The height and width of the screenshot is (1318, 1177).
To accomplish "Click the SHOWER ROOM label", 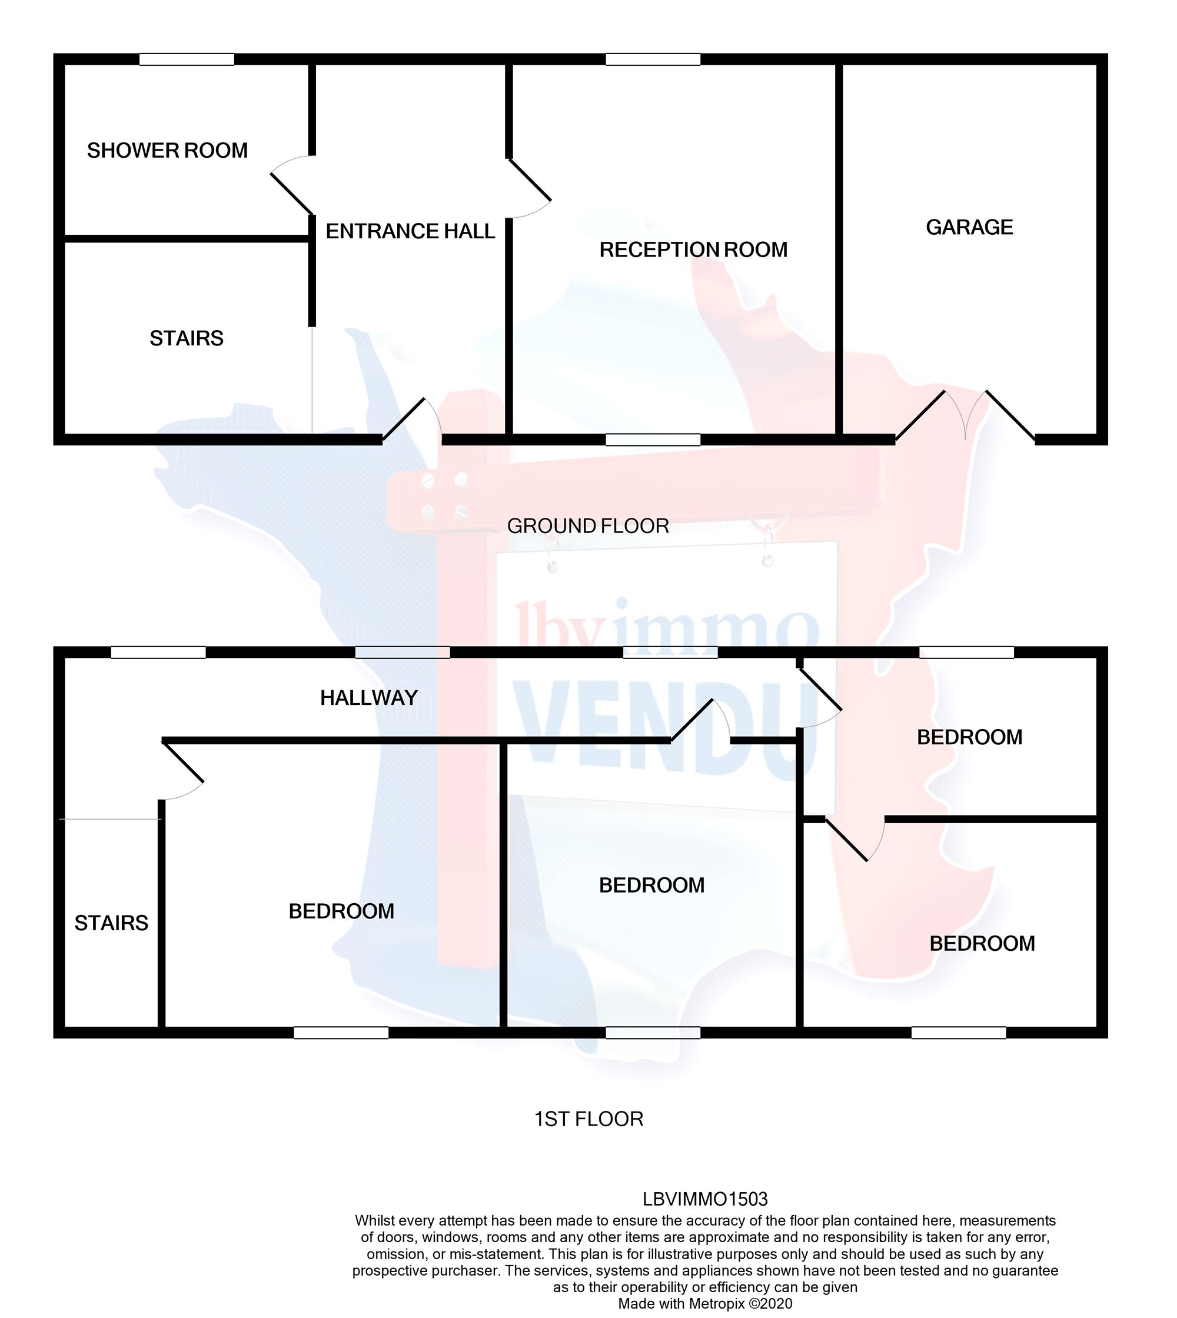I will (168, 151).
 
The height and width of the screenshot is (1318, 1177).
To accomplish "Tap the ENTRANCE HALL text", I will (410, 231).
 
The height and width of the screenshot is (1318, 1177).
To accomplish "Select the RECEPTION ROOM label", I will (693, 249).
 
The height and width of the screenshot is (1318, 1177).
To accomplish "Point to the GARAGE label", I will (969, 227).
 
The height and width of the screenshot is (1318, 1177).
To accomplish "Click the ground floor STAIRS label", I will (186, 338).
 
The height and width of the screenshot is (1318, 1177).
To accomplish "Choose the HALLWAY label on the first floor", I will (368, 698).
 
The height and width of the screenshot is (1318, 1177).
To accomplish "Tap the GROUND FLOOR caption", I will (588, 526).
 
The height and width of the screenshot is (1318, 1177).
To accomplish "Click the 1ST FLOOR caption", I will (588, 1119).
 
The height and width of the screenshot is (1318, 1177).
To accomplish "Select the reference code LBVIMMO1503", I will (705, 1200).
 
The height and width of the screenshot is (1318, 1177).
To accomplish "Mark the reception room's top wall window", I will (653, 59).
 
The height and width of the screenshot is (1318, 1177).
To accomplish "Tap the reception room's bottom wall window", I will (653, 440).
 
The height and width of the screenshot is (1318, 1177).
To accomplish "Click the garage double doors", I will (965, 417).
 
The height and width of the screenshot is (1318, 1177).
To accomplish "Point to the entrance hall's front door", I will (412, 420).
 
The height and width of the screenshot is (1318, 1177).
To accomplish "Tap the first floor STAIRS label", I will (111, 923).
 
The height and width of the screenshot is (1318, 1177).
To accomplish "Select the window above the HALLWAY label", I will (403, 653).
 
